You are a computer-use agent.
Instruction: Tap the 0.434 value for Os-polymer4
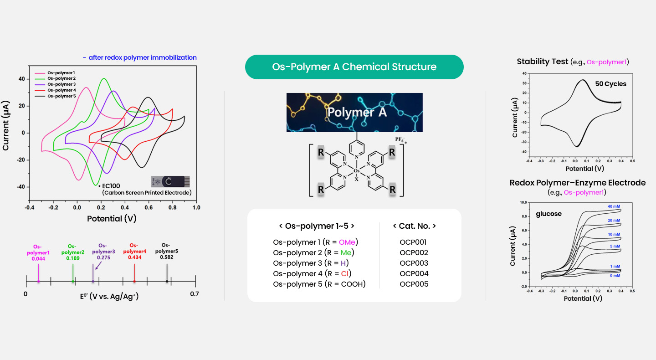[135, 257]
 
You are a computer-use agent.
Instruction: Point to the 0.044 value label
[38, 259]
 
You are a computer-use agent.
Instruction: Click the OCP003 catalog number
[414, 263]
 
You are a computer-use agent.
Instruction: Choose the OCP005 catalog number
[414, 284]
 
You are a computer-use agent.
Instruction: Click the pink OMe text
[347, 242]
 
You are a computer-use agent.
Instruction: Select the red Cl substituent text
[345, 273]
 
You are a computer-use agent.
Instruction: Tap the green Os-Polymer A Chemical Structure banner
[354, 67]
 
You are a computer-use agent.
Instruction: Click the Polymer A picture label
[357, 112]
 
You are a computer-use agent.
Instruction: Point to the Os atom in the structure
[356, 171]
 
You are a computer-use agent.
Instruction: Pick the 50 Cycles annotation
[610, 84]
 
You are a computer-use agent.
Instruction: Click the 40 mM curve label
[614, 206]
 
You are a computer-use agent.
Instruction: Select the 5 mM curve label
[615, 247]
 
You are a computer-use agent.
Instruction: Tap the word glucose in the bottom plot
[548, 214]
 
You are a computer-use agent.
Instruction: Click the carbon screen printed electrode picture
[170, 182]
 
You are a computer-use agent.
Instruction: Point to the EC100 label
[111, 186]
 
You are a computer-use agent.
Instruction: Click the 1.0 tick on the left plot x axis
[196, 208]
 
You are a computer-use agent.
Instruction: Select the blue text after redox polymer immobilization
[140, 58]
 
